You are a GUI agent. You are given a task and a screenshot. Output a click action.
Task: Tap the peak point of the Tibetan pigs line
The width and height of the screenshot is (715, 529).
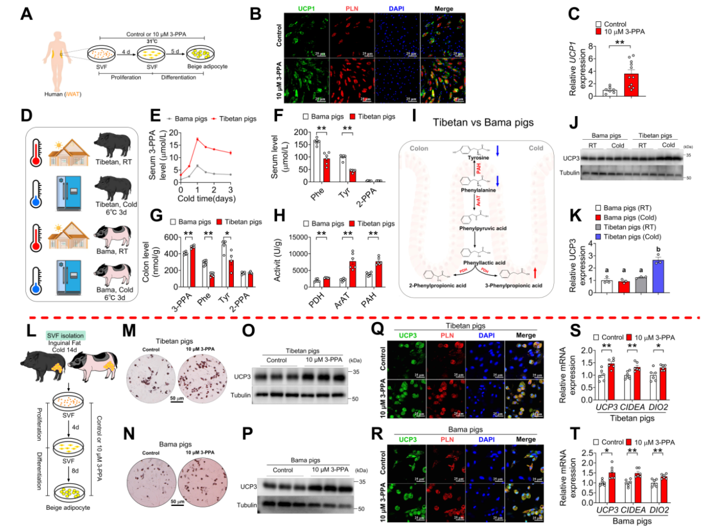point(198,139)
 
